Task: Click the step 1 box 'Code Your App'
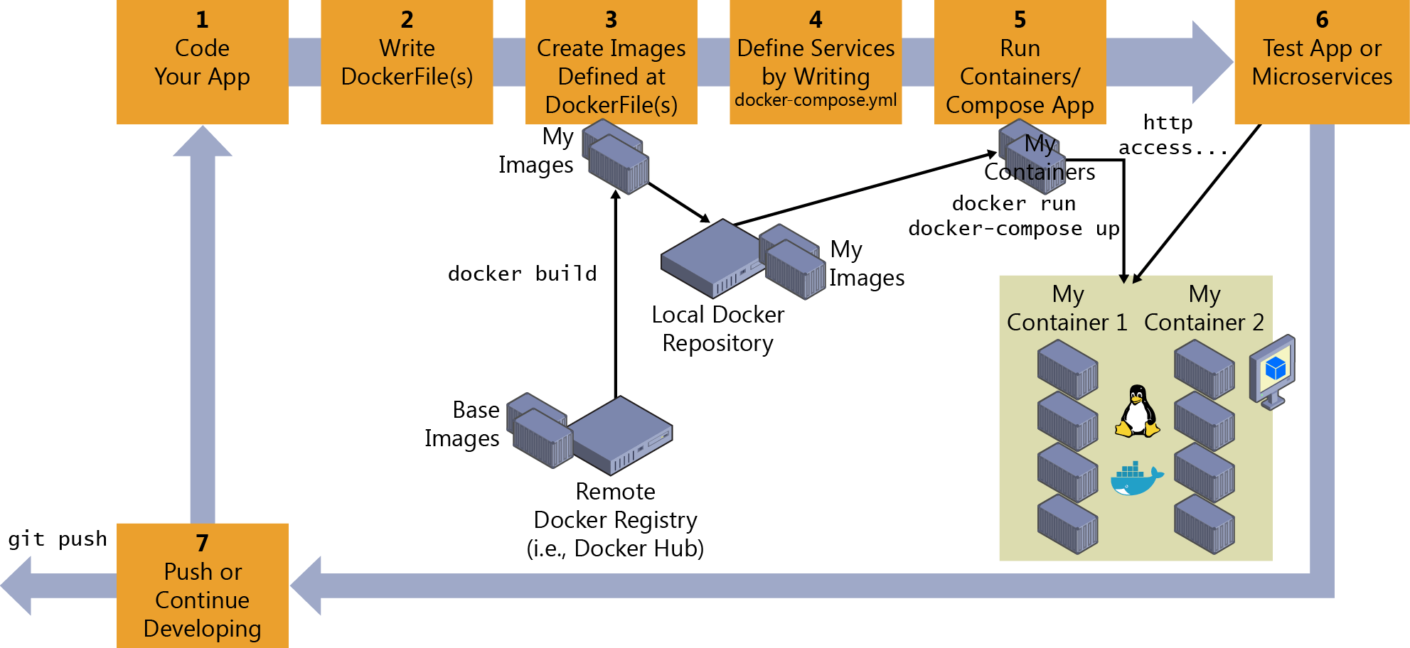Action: point(202,62)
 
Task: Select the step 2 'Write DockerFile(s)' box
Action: point(407,62)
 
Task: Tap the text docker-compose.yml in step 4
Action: point(816,100)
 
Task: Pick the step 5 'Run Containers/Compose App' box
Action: point(1020,62)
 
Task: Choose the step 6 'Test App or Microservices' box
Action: point(1322,62)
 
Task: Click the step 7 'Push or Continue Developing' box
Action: point(202,585)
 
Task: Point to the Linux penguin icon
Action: point(1138,411)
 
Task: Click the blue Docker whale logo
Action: point(1136,479)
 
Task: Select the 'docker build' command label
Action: point(522,274)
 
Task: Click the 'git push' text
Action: point(57,539)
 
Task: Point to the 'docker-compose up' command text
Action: point(1014,229)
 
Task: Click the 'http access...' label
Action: point(1170,135)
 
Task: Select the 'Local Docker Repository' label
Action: point(717,329)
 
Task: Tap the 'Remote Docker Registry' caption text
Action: point(615,519)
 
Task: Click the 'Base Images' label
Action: point(463,424)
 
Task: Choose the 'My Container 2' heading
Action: point(1204,308)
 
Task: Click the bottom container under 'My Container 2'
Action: point(1204,524)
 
